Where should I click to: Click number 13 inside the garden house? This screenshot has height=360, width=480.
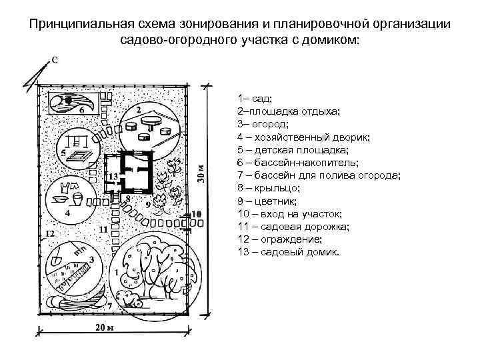(x=113, y=176)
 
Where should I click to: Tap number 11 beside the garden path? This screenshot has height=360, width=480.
(x=103, y=229)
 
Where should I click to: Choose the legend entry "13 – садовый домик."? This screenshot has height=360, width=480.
(x=289, y=252)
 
